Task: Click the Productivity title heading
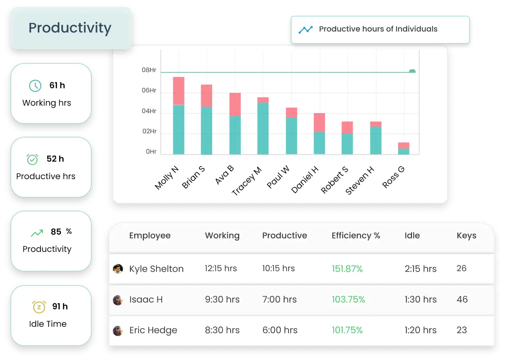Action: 70,28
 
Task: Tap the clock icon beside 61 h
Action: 35,86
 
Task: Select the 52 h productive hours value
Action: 55,159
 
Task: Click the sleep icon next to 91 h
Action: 38,307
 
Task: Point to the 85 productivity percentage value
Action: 56,232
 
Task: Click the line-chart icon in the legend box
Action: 306,29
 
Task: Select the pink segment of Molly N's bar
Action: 178,91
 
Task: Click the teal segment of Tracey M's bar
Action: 263,128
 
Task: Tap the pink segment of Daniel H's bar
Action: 319,122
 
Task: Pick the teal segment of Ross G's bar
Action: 404,151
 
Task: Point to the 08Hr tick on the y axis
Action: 149,70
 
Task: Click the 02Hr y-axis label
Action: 149,132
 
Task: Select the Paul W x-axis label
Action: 278,177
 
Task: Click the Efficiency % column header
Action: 356,236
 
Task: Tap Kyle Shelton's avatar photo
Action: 118,269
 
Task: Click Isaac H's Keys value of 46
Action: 462,299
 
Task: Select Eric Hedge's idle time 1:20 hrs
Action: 420,331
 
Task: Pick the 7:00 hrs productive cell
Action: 279,299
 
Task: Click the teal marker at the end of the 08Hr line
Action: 412,71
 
